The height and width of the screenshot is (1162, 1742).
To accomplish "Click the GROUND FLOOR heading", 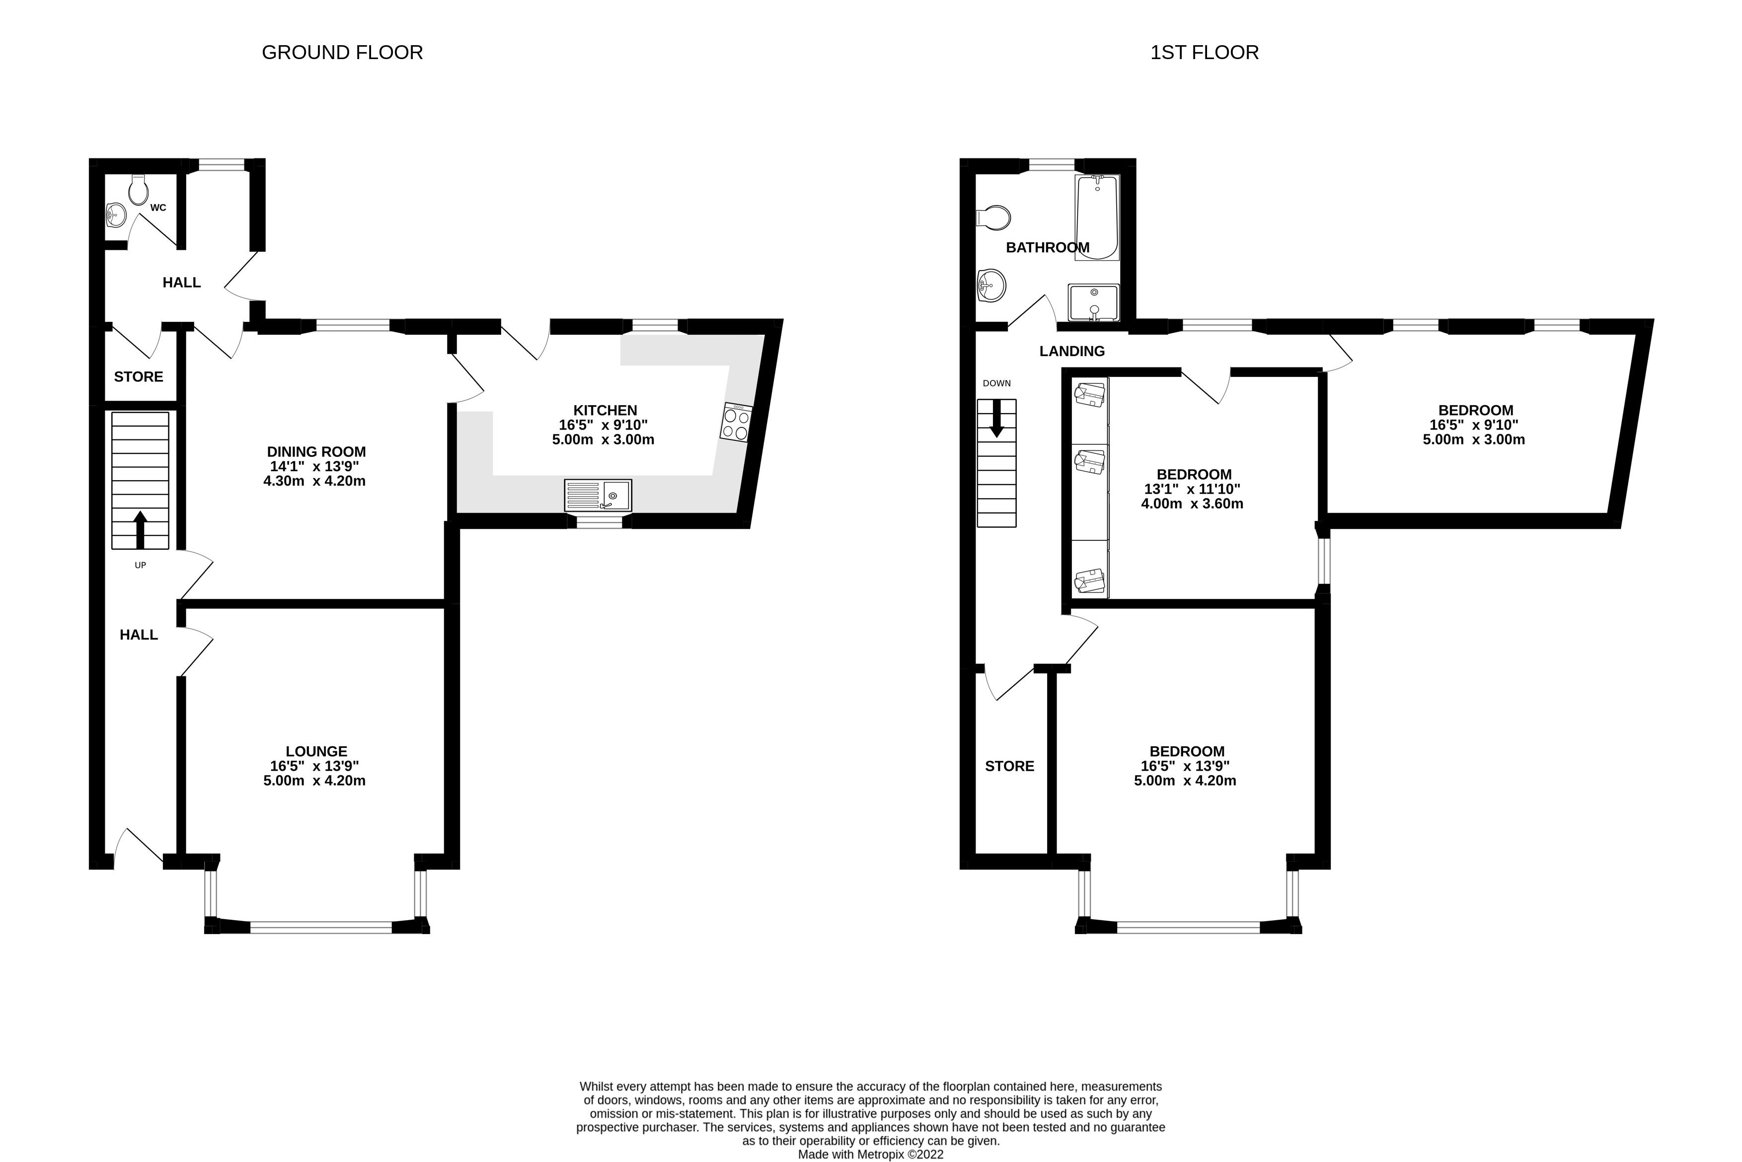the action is click(x=342, y=53).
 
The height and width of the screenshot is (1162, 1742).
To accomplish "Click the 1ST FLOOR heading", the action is click(x=1205, y=53).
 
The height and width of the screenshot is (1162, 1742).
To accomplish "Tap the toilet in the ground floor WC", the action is click(x=139, y=190).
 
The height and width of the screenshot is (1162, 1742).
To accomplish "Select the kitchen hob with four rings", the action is click(x=736, y=423).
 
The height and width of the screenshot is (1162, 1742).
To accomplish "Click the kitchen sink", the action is click(x=598, y=495).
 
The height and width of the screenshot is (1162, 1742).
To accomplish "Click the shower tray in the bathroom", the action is click(x=1093, y=303).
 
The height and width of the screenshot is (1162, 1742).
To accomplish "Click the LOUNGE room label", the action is click(x=316, y=751).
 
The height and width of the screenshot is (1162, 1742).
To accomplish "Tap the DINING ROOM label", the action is click(x=316, y=452).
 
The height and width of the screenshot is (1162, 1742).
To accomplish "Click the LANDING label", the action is click(x=1072, y=351).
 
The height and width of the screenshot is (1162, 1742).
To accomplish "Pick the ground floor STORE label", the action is click(x=139, y=376).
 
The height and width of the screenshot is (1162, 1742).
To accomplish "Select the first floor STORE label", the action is click(x=1010, y=766).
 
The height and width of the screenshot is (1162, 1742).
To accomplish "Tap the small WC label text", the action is click(x=158, y=208).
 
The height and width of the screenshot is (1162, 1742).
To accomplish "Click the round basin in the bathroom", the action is click(x=990, y=286).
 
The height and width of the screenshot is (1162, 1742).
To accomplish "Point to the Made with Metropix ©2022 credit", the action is click(x=871, y=1155).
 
